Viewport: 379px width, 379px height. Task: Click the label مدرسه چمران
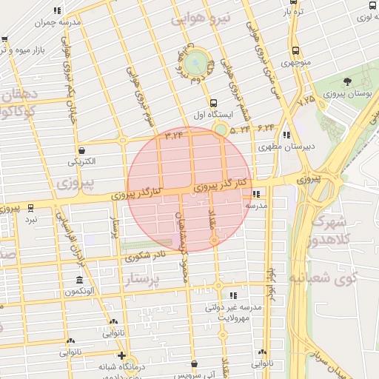pyautogui.click(x=60, y=24)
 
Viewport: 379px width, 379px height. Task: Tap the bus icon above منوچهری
pyautogui.click(x=296, y=51)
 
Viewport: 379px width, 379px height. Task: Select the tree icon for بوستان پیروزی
pyautogui.click(x=347, y=81)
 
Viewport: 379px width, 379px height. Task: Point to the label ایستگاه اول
pyautogui.click(x=214, y=115)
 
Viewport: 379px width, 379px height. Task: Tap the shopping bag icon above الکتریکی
pyautogui.click(x=80, y=149)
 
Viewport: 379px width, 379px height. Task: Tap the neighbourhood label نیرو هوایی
pyautogui.click(x=201, y=17)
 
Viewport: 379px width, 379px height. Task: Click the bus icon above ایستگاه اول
pyautogui.click(x=214, y=104)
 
